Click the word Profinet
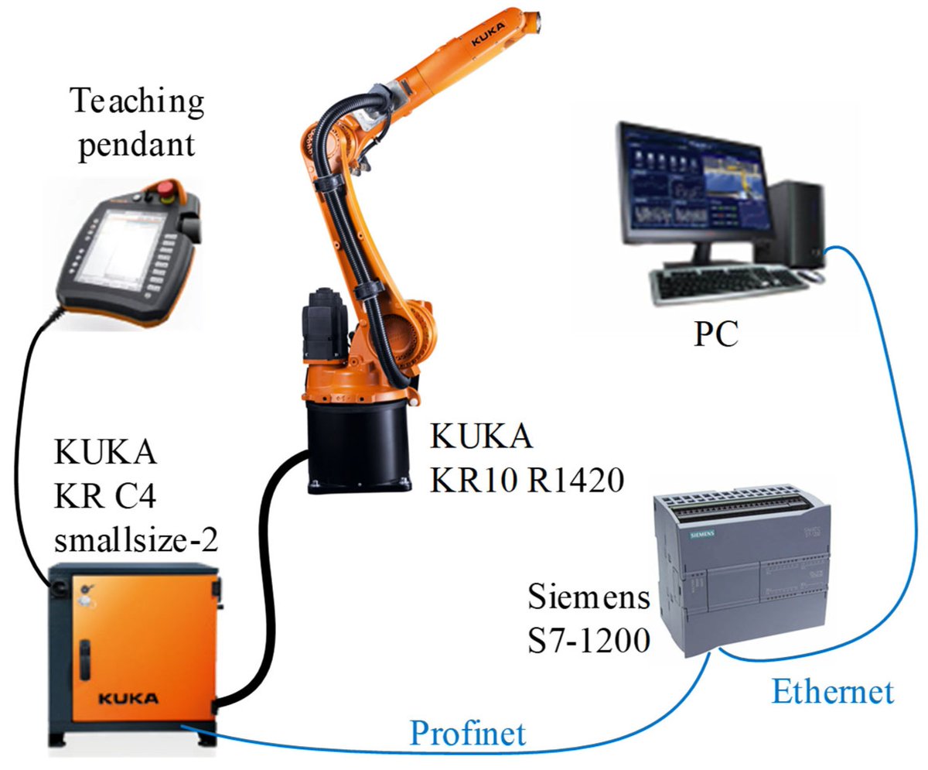(468, 731)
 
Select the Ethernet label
(832, 690)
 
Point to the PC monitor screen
(692, 181)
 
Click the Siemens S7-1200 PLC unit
(739, 565)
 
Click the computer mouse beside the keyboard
(810, 275)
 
